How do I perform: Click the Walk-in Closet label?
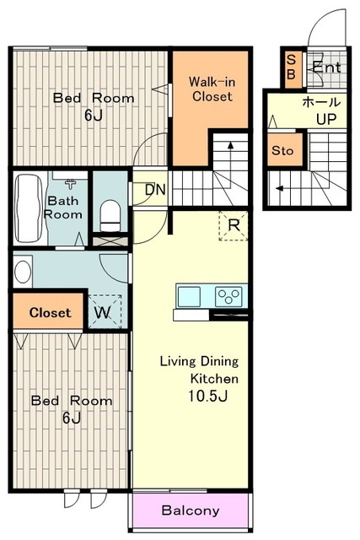[212, 89]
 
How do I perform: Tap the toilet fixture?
[110, 216]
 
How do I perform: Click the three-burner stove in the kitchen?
[228, 296]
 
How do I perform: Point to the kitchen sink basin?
[189, 296]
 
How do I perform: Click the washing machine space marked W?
[105, 311]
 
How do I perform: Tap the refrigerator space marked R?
[234, 225]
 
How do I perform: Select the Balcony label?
[191, 510]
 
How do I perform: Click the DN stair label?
[155, 190]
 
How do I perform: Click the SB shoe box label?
[291, 67]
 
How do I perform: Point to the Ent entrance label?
[327, 67]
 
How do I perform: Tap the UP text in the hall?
[326, 119]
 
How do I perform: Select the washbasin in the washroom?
[23, 272]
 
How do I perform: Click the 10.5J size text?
[207, 396]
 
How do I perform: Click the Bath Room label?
[63, 208]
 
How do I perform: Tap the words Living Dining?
[199, 362]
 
